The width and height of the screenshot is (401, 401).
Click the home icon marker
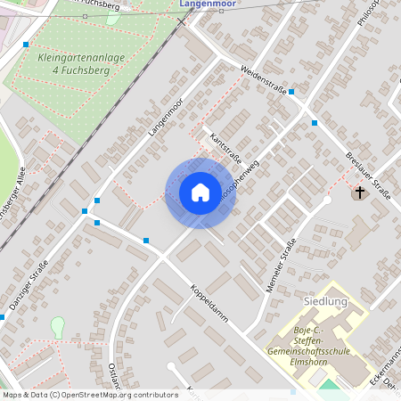pos(200,192)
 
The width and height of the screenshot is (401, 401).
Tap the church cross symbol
pos(360,192)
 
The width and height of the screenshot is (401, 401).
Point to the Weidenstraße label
pos(263,81)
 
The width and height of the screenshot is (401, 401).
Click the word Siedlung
pos(324,302)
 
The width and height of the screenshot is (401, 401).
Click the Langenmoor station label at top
pos(207,4)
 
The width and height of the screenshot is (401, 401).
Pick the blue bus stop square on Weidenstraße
pos(291,92)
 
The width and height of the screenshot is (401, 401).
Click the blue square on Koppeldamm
pos(146,241)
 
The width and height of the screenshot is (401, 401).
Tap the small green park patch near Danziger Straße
pos(58,327)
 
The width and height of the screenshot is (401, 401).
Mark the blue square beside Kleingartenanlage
pos(26,44)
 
